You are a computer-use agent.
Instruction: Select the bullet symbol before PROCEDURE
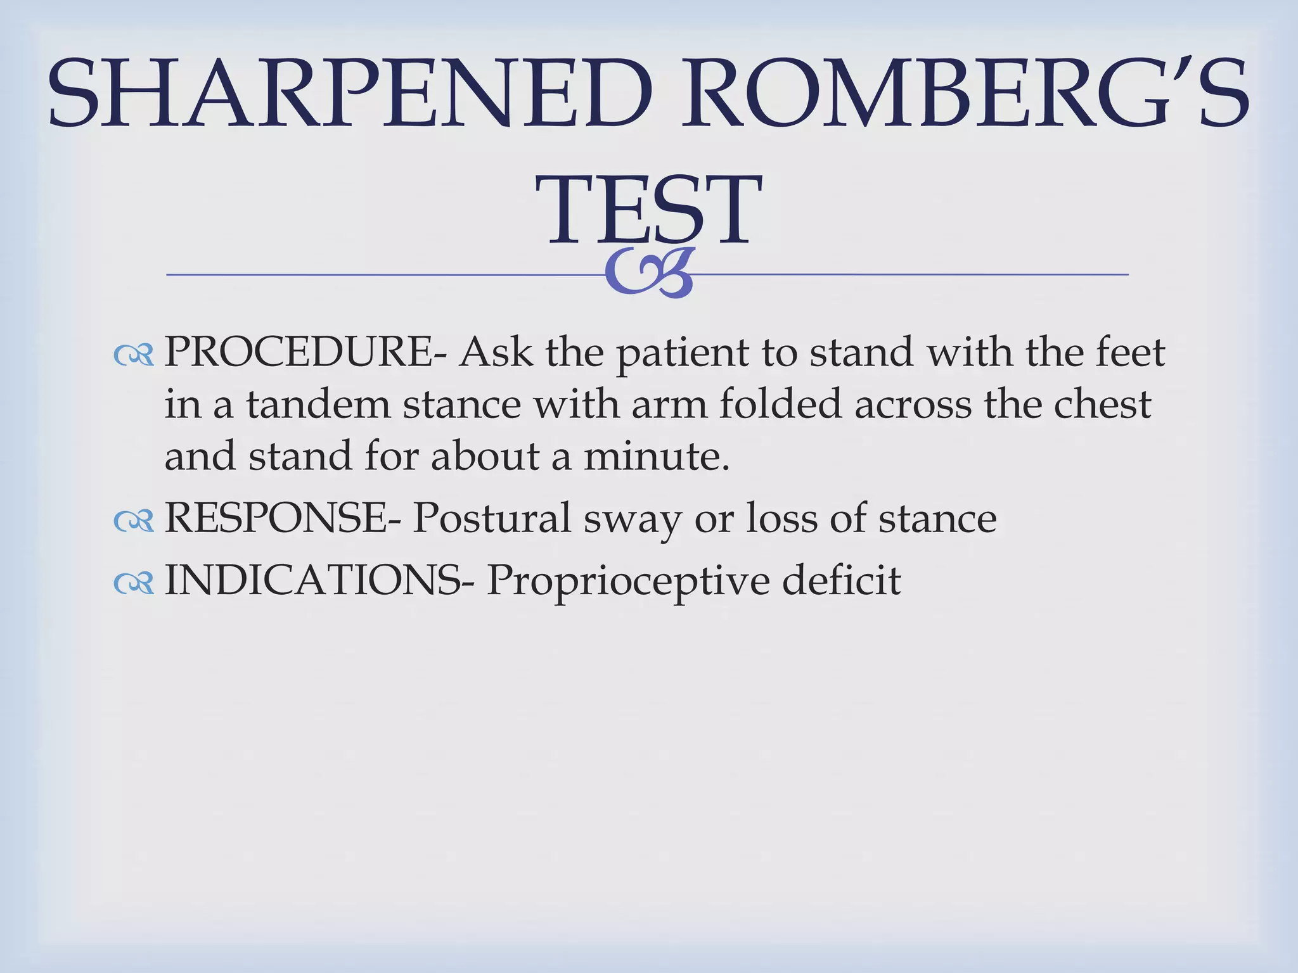click(134, 356)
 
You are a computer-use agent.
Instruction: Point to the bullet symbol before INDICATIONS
click(134, 583)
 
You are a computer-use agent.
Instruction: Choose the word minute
click(655, 456)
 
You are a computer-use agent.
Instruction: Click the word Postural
click(492, 518)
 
